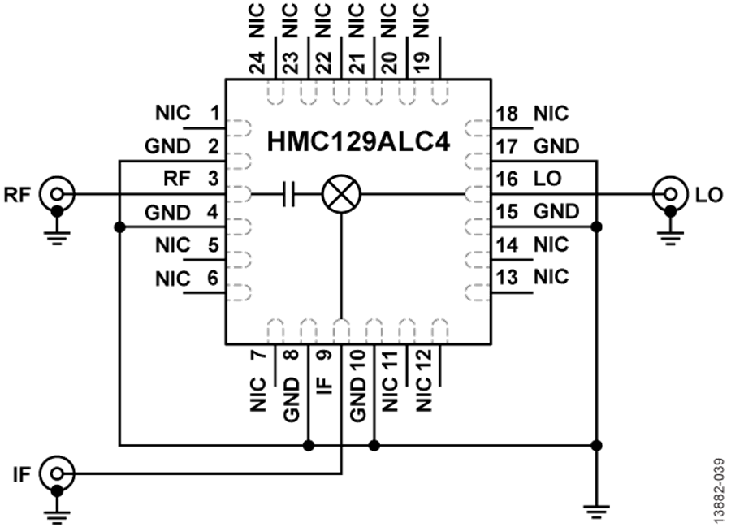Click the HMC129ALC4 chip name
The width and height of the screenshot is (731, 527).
358,141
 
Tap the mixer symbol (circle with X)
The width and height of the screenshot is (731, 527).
342,194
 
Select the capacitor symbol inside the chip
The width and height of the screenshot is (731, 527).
289,194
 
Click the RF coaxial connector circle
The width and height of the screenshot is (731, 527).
57,193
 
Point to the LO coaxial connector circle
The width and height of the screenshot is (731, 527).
670,193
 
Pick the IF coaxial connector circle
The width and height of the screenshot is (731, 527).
57,474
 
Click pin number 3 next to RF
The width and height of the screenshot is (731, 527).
213,179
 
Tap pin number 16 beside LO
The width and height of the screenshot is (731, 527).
507,179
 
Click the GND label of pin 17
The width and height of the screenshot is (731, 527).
556,146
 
